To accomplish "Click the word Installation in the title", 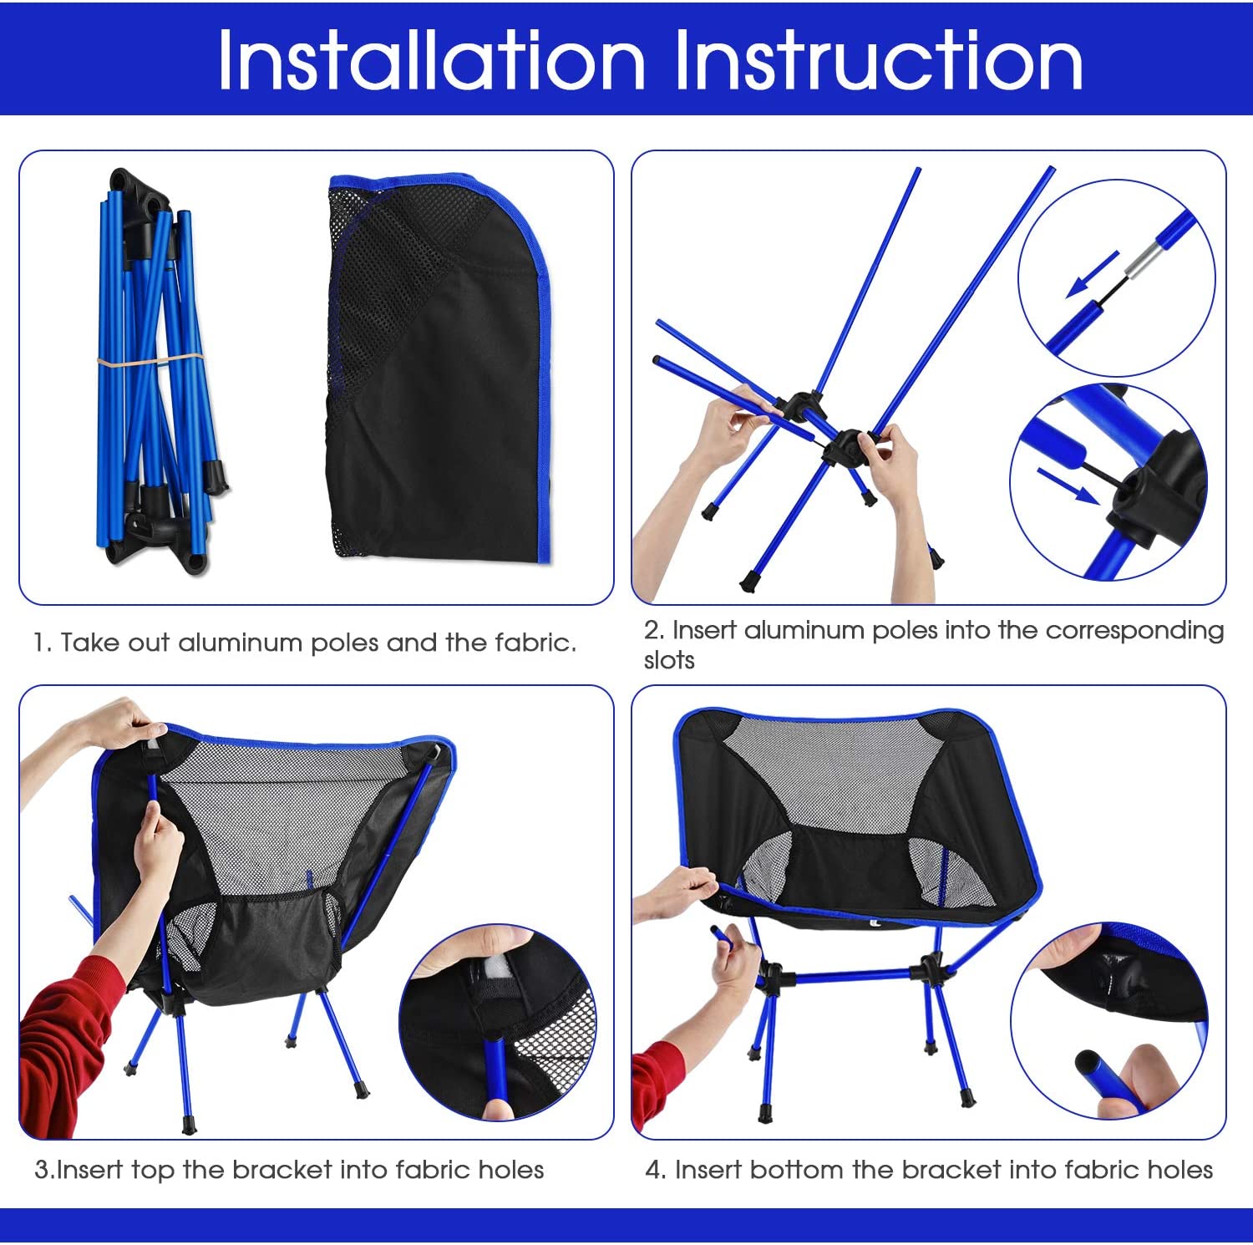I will (431, 60).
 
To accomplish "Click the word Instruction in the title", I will (878, 60).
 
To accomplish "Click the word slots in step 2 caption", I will (669, 661).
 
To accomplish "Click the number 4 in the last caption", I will (653, 1170).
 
